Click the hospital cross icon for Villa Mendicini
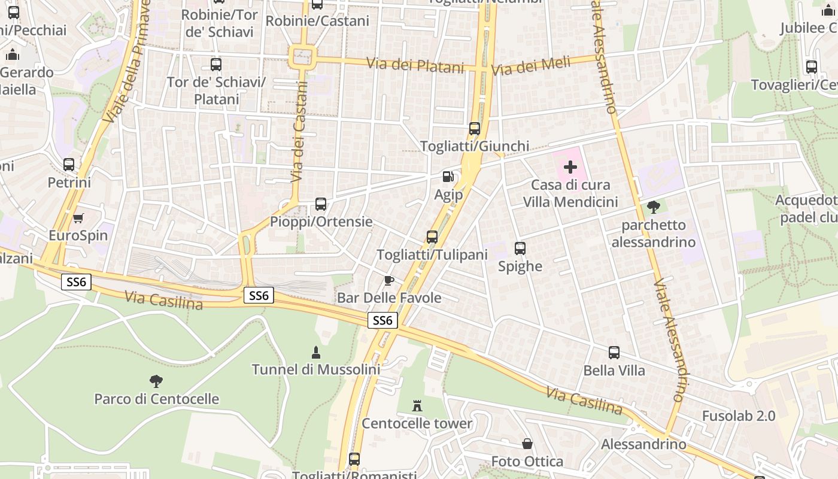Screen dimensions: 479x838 point(570,167)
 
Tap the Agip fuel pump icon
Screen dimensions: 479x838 point(448,177)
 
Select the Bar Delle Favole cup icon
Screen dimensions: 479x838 point(389,280)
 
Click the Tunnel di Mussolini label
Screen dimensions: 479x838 point(315,369)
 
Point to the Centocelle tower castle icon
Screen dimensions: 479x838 point(417,406)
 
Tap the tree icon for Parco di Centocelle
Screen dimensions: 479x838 point(156,381)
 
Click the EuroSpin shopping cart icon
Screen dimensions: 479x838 point(78,218)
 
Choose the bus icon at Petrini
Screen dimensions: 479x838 point(69,165)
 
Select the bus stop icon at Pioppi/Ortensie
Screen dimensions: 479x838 point(321,204)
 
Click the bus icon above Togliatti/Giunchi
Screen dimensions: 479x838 point(475,129)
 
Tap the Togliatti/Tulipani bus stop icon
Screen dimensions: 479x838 point(432,237)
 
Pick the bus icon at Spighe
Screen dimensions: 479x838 point(520,248)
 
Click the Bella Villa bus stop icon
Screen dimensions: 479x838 point(614,353)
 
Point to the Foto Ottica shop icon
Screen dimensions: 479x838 point(527,444)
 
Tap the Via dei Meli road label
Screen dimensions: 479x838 point(531,66)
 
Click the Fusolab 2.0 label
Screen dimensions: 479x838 point(738,416)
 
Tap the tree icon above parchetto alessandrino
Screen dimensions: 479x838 point(653,207)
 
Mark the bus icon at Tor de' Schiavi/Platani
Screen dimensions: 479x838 point(216,65)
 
